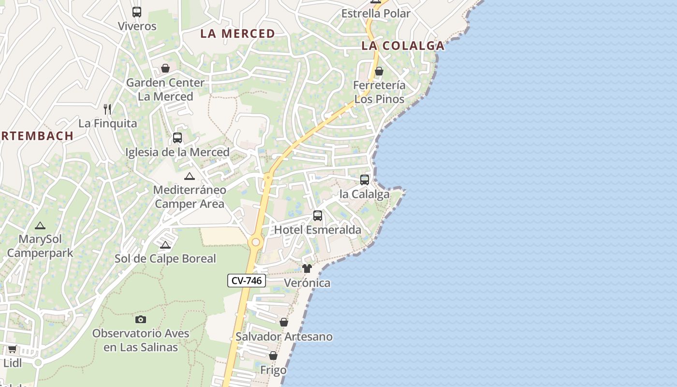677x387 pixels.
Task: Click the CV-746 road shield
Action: pos(247,281)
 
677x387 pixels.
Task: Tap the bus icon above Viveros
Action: pos(137,12)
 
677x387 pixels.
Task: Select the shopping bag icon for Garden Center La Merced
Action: pos(165,68)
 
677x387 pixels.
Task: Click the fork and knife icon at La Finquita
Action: pos(107,109)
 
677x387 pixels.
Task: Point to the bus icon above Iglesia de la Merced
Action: pos(177,138)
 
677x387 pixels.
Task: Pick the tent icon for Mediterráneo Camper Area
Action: pos(189,176)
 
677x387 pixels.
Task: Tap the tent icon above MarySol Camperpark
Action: pos(40,225)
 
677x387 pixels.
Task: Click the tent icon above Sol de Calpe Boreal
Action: pos(165,245)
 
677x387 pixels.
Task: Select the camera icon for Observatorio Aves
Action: pos(141,319)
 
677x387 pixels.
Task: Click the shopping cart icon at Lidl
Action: pos(12,349)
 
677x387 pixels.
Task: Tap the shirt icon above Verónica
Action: pos(307,268)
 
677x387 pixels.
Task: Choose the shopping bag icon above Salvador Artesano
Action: pos(284,322)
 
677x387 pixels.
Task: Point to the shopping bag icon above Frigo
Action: pos(273,356)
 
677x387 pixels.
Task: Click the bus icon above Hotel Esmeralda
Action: pos(318,216)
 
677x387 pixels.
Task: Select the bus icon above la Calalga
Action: pos(365,180)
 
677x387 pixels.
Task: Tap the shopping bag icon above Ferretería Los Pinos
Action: pos(379,71)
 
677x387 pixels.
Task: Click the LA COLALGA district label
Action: pos(403,46)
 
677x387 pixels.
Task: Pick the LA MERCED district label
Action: pos(237,33)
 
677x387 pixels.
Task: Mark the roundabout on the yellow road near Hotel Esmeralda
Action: pos(255,242)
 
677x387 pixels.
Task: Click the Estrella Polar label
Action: pos(376,14)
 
